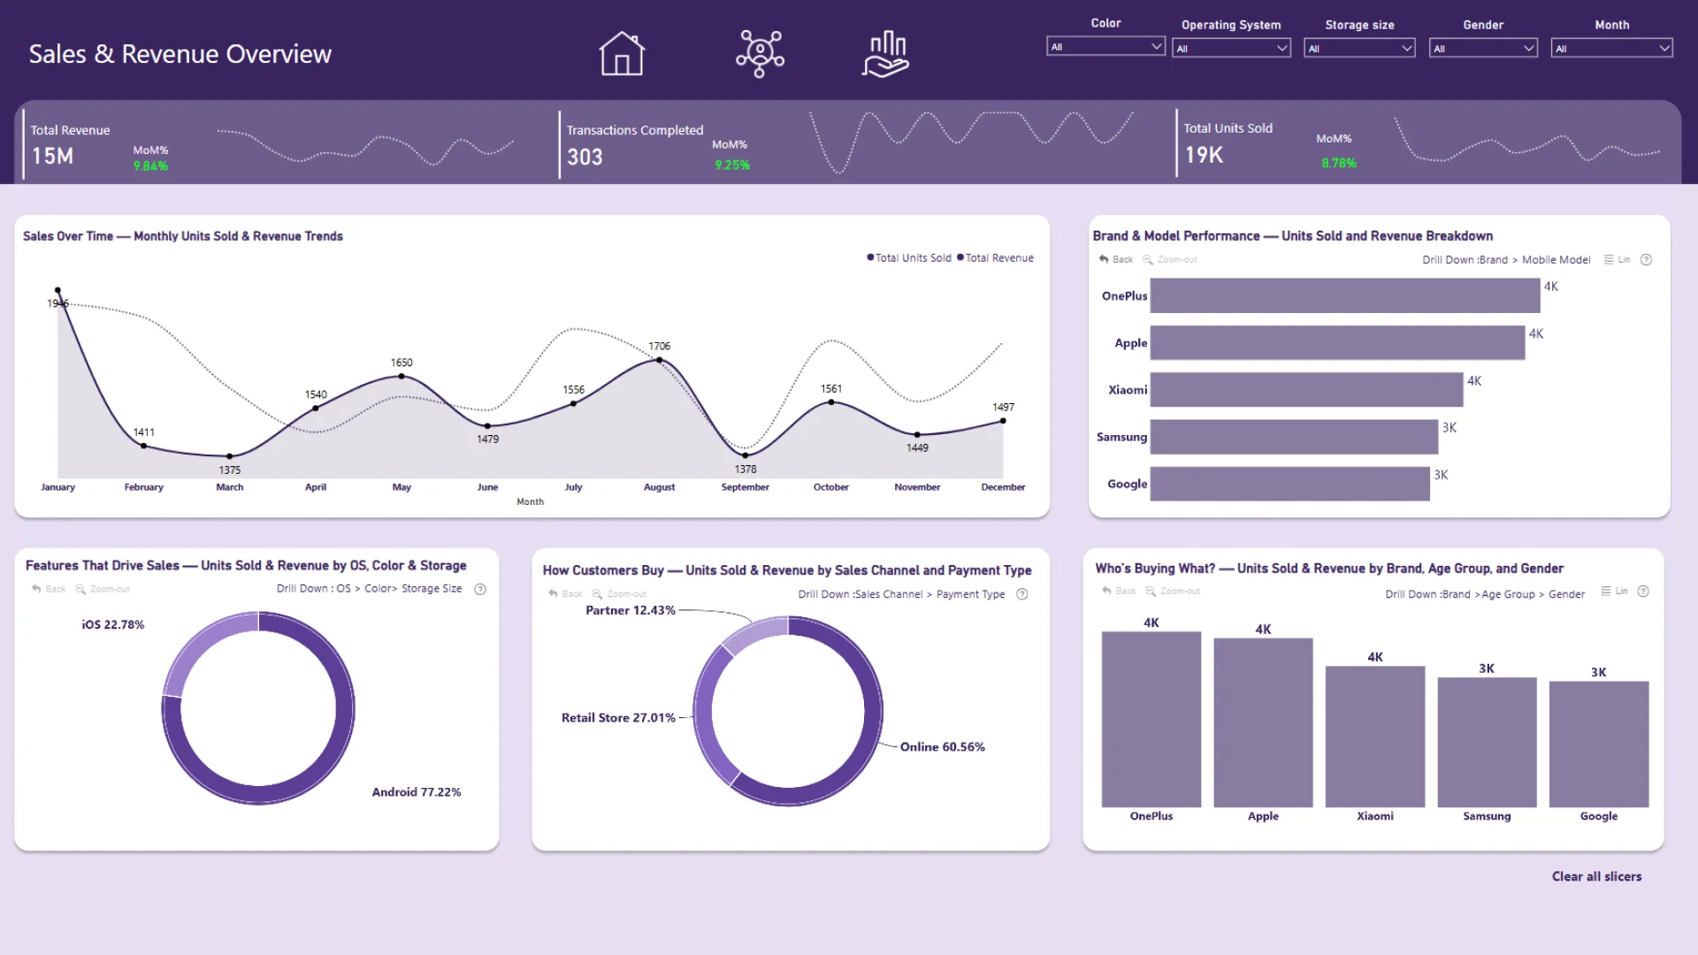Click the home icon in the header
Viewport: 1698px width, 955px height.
click(622, 54)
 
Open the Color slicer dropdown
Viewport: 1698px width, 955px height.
click(1105, 47)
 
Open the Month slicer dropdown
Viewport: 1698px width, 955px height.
click(1611, 49)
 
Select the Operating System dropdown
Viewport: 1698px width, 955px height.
click(1231, 49)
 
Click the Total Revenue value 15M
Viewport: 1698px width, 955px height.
click(53, 157)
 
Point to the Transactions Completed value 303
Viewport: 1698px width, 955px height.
click(585, 157)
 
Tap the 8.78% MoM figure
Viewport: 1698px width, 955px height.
click(1338, 163)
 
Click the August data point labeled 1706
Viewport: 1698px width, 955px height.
click(659, 360)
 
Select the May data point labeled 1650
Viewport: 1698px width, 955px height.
click(402, 376)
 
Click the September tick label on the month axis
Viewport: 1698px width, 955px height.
click(745, 487)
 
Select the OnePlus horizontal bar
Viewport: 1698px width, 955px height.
click(1344, 296)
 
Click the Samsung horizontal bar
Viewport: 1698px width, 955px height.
click(1293, 437)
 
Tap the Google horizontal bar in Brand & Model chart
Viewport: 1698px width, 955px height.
click(1289, 484)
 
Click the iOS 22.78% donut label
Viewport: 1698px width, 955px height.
click(112, 624)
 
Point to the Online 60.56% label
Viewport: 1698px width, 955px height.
click(942, 747)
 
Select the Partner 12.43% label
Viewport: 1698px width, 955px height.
click(630, 610)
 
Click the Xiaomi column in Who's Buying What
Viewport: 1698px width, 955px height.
click(1374, 736)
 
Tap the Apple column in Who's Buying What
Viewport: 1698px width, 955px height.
click(1263, 722)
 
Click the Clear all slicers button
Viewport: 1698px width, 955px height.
click(1596, 876)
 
